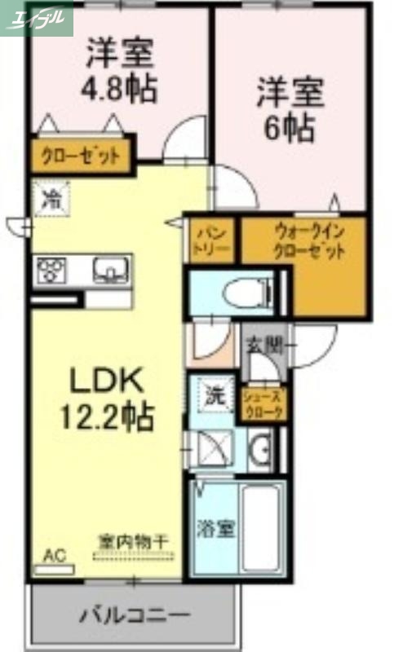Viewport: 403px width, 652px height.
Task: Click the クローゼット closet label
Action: pos(82,156)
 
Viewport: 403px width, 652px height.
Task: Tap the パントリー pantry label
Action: pos(212,241)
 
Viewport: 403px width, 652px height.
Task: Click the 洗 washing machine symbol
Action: pos(214,398)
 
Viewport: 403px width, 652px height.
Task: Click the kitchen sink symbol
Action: pos(110,268)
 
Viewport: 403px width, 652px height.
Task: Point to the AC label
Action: pos(54,557)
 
